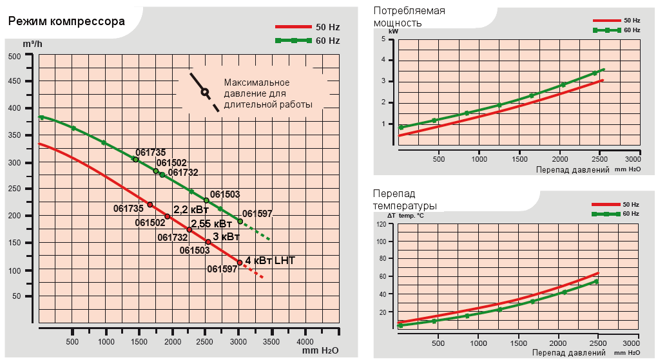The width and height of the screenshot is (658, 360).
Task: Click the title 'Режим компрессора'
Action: coord(66,22)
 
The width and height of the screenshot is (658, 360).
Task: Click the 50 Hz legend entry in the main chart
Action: coord(307,27)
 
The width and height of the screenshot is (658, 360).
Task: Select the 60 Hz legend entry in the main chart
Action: coord(307,40)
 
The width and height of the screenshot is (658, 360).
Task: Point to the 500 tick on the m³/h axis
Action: coord(14,56)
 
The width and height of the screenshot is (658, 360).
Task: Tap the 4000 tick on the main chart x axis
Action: coord(305,341)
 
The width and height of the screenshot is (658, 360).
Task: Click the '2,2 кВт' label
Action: coord(191,209)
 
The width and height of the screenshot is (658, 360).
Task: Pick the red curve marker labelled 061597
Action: coord(240,263)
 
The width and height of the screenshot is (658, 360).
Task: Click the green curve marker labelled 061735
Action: coord(135,159)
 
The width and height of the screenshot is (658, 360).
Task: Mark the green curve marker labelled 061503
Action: coord(206,200)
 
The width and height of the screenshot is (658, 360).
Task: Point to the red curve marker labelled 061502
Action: coord(167,216)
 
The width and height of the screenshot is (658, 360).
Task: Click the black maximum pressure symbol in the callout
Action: coord(204,91)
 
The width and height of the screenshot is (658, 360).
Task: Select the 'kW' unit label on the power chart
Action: coord(393,31)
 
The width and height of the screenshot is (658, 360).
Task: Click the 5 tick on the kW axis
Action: coord(383,39)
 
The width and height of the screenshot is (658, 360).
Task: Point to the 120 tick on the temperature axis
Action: coord(382,224)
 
